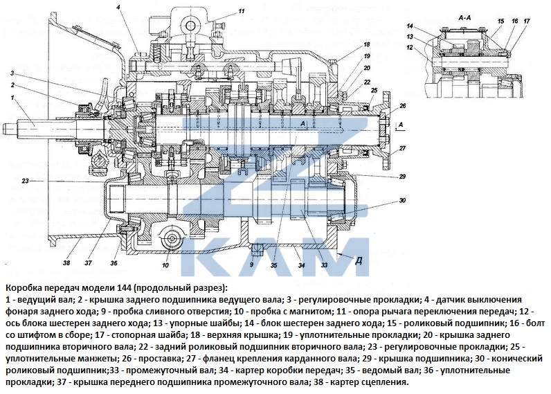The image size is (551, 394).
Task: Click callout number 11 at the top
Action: coord(241,11)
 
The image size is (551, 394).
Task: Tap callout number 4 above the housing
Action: coord(118,7)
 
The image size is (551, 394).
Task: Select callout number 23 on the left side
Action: coord(26,181)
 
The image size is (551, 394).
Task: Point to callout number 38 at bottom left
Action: coord(66,263)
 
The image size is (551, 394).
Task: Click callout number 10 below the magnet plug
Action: coord(165,265)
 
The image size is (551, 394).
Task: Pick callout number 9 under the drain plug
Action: coord(251,264)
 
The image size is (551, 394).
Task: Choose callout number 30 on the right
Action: coord(402,200)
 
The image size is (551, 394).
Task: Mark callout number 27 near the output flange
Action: coord(402,148)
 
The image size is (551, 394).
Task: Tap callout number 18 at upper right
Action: coord(367,44)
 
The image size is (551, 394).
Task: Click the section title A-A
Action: coord(464,17)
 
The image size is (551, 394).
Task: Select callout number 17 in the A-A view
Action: coord(526,21)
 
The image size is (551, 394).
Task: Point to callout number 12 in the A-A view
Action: coord(410,48)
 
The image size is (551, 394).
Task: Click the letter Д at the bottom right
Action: coord(359,260)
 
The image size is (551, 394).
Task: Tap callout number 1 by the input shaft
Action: coord(12,98)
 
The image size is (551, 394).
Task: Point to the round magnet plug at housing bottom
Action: coord(172,238)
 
